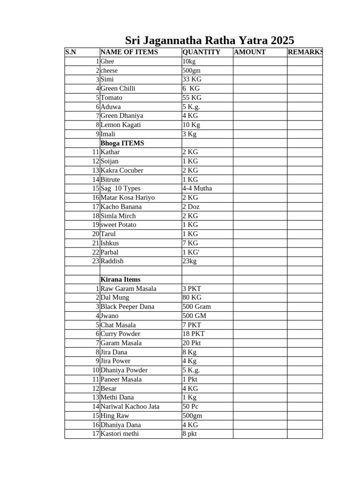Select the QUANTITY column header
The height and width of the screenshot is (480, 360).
201,52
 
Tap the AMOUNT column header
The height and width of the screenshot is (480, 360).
250,52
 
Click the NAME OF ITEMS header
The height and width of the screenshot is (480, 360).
129,52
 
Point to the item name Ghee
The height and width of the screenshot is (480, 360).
107,61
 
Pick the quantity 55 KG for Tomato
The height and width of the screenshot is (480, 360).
192,97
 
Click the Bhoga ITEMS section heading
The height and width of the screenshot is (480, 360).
122,143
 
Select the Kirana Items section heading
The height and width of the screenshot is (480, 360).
120,279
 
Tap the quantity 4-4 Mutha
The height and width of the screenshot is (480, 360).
197,188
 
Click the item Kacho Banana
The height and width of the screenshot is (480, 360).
121,207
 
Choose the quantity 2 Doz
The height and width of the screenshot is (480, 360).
191,207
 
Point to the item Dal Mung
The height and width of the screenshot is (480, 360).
115,298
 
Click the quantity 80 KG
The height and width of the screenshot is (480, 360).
192,298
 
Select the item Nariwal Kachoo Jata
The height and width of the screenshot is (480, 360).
130,406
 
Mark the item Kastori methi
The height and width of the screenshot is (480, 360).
120,434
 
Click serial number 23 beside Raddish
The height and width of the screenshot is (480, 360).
96,261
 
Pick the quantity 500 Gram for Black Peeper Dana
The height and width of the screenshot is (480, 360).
196,307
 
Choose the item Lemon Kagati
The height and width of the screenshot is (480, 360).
120,125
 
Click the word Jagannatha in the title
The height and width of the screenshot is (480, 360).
173,40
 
